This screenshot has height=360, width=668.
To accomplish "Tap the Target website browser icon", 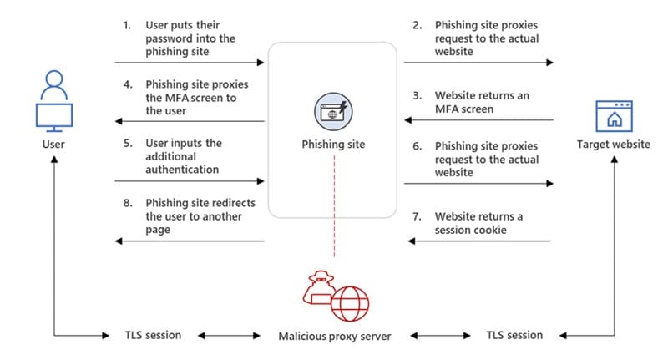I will [614, 114].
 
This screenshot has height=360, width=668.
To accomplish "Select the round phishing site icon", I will [333, 111].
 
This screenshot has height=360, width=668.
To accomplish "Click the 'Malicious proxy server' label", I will [333, 336].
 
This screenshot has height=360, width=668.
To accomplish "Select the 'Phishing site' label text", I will [333, 145].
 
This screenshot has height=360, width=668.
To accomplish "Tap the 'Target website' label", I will [614, 145].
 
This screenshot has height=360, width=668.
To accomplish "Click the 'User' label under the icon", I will [53, 145].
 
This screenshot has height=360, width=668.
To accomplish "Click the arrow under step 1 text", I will [190, 63].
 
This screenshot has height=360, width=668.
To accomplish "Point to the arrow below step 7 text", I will [479, 241].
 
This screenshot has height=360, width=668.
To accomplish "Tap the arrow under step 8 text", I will [190, 241].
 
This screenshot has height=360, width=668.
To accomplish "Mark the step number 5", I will [128, 143].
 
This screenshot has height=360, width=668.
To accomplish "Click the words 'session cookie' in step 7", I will [470, 229].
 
